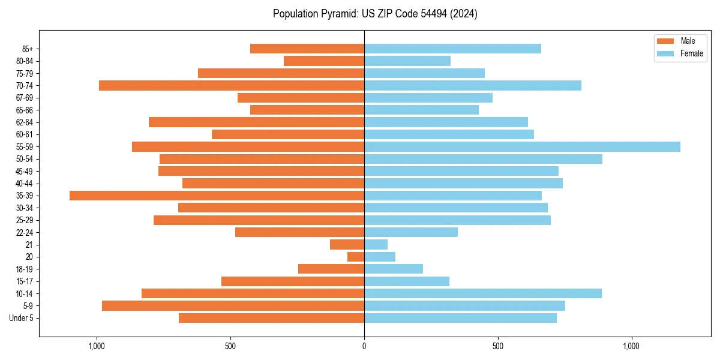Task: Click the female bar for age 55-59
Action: coord(522,146)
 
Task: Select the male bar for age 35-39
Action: coord(217,196)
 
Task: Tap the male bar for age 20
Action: coord(356,257)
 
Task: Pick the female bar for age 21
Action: coord(376,244)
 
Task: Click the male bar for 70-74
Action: coord(232,85)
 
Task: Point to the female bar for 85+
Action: coord(452,49)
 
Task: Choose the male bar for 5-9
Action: coord(233,305)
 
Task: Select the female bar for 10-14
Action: coord(482,293)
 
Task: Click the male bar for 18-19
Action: coord(331,269)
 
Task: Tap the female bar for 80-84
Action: coord(407,61)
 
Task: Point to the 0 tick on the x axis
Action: coord(364,346)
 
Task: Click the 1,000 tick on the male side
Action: coord(97,346)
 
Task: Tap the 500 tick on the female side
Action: coord(497,346)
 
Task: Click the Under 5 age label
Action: coord(21,318)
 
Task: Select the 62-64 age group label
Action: coord(24,122)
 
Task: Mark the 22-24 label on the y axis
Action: coord(24,232)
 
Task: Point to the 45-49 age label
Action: coord(24,171)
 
